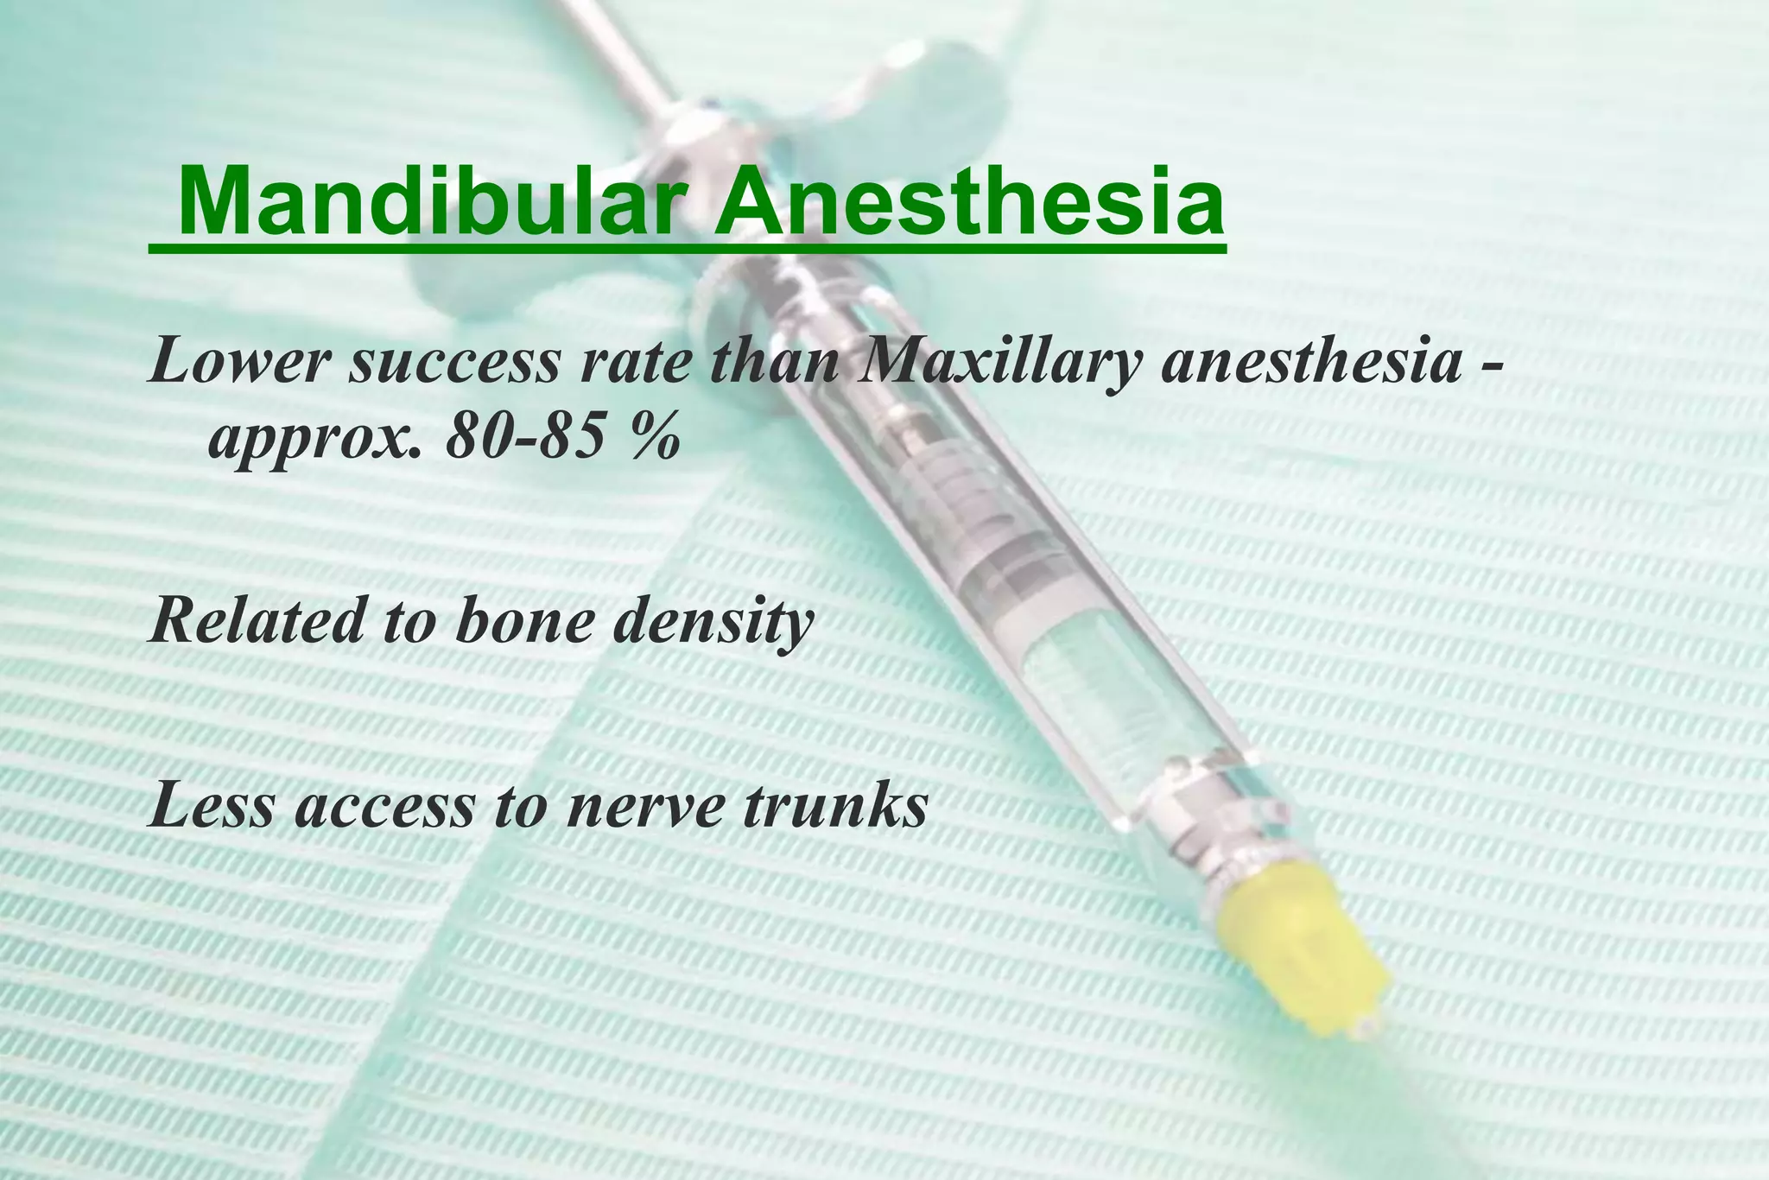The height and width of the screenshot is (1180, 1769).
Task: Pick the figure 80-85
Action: [x=523, y=440]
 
